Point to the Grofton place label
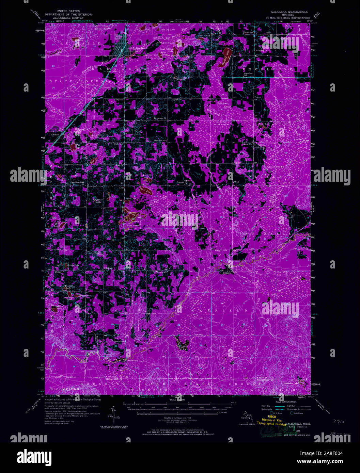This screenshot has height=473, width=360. tap(55, 135)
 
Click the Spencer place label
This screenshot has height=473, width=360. tap(180, 182)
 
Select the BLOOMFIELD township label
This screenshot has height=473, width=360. tap(64, 389)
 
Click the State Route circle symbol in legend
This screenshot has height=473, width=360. tap(291, 413)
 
